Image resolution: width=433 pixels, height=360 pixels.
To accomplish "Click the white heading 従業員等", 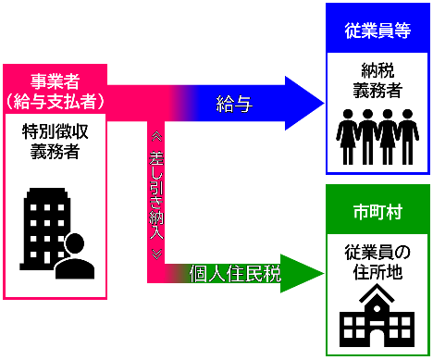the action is point(377,31).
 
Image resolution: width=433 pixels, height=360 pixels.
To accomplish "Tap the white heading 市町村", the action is point(377,212).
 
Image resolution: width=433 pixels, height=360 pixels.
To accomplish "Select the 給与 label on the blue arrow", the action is point(234,104).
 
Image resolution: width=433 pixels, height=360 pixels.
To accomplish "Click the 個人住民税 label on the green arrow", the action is point(235,273).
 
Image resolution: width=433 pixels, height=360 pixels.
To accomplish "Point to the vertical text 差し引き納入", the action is point(156,195).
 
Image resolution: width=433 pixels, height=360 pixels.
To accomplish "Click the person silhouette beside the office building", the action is point(75,256).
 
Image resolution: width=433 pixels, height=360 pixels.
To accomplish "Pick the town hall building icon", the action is point(377,316).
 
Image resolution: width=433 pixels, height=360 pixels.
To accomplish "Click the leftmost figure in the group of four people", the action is point(348,137).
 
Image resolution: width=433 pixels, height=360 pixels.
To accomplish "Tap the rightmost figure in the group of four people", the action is point(408,137).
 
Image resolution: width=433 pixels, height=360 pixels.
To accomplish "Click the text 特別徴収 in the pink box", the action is point(56,131).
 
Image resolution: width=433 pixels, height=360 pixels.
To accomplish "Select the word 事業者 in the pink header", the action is point(56,81).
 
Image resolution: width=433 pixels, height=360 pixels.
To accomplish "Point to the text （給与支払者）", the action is point(56,101).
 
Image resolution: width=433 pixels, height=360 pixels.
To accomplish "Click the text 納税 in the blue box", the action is point(377,70).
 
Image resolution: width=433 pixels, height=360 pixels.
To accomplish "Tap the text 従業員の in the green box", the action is point(377,252).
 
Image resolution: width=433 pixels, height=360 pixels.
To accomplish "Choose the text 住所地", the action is point(377,272).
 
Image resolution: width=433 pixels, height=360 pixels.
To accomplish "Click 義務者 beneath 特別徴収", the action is point(56,152).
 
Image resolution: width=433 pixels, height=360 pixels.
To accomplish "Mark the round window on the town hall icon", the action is point(377,308).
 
